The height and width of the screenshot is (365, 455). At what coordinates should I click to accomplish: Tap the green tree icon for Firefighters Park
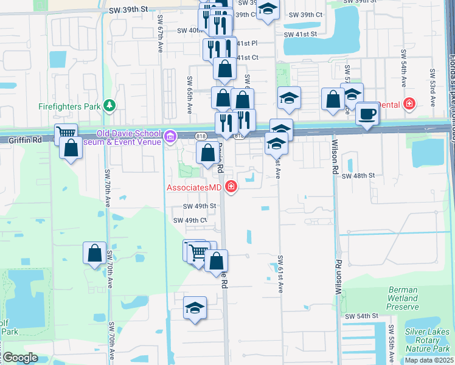tap(109, 106)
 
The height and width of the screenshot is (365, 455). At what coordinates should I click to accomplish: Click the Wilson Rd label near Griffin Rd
tap(335, 158)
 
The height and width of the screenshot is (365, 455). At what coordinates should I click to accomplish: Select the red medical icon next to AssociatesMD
tap(231, 187)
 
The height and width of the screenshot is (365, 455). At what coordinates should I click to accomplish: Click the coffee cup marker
tap(367, 114)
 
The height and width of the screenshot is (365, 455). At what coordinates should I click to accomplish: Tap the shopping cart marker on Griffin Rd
tap(66, 133)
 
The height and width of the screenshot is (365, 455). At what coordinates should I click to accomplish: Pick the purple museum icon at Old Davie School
tap(170, 134)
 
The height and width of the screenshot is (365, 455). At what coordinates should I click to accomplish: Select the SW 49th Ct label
tap(190, 220)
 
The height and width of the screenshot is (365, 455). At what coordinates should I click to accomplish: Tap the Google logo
tap(20, 358)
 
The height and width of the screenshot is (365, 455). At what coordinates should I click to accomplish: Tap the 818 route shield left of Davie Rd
tap(201, 135)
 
